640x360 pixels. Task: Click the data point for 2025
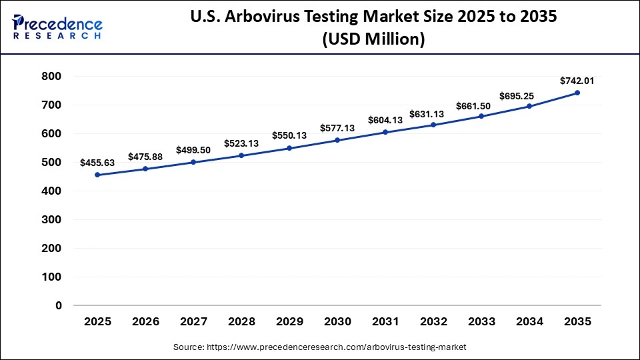click(97, 175)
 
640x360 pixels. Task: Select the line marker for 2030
click(337, 140)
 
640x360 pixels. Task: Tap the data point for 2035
click(577, 93)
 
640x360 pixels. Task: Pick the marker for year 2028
click(241, 155)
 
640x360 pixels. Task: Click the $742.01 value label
click(577, 80)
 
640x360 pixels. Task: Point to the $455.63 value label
click(97, 162)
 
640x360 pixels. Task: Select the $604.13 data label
click(385, 120)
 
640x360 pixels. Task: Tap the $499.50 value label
click(193, 150)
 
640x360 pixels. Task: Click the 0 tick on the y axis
click(58, 305)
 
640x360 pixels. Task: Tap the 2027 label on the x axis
click(193, 322)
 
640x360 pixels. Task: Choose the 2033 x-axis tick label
click(481, 322)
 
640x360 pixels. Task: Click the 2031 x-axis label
click(385, 322)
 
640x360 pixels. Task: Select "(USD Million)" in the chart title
click(373, 40)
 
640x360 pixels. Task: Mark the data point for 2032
click(433, 125)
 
